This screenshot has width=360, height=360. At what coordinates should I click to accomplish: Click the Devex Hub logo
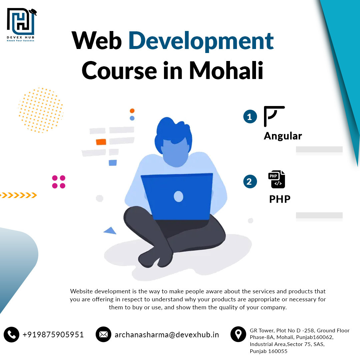21,25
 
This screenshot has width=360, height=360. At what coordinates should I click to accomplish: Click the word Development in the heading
201,41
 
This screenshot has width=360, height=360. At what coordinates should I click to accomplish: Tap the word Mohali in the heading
226,70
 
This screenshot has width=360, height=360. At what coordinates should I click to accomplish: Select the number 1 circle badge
250,117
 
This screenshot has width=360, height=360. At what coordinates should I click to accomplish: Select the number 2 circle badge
250,181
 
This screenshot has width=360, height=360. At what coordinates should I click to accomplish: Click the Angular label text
283,136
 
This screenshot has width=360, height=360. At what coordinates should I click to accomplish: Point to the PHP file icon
277,179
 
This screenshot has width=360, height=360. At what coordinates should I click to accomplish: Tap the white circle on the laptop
178,197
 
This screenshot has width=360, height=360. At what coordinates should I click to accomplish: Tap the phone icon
11,335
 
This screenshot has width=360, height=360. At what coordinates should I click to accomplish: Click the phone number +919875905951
53,335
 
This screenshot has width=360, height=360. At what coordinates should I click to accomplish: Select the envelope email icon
103,334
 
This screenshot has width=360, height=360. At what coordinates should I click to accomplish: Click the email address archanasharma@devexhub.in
167,335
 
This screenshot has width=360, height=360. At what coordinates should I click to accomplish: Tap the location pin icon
238,334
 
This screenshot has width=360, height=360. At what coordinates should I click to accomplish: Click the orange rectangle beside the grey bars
101,142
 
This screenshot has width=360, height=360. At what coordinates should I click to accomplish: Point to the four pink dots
59,182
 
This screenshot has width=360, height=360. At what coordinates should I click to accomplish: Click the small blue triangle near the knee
110,231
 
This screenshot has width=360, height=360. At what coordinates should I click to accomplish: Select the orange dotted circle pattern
41,110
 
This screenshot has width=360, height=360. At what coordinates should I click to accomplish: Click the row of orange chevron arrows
18,195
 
